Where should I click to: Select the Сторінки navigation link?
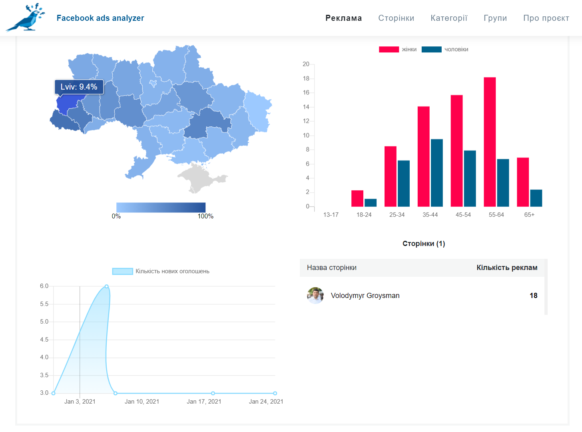[396, 18]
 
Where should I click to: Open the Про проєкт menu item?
[546, 18]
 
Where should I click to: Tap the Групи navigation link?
[495, 18]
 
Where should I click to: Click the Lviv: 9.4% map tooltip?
[79, 87]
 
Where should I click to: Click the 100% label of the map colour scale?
[205, 216]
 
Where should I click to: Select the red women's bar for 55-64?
[490, 142]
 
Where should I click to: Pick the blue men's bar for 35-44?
[436, 173]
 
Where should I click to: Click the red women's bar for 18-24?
[357, 198]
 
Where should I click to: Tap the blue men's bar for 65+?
[536, 198]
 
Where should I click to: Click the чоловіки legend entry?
[445, 49]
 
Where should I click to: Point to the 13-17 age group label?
[331, 214]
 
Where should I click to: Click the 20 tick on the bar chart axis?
[306, 64]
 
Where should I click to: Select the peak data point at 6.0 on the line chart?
[107, 286]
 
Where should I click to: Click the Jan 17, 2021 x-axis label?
[204, 402]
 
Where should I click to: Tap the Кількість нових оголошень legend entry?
[161, 271]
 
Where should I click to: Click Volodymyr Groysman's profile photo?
[315, 296]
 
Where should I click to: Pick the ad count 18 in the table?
[533, 296]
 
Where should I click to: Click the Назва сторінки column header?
[332, 268]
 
